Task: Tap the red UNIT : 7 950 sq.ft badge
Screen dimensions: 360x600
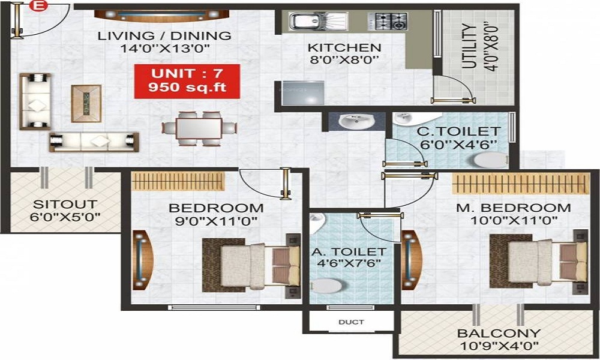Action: [187, 82]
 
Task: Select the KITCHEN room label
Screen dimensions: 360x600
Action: [344, 48]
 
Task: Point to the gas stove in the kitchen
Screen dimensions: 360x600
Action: [391, 22]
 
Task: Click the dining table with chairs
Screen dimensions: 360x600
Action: [199, 127]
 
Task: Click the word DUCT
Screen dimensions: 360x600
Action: [351, 322]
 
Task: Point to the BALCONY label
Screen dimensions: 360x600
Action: [499, 333]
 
